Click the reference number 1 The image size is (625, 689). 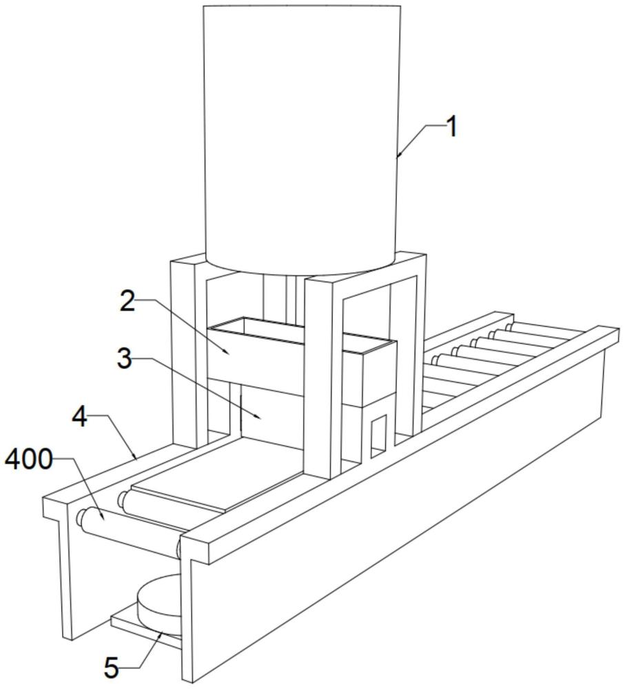451,127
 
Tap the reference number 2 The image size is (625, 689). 127,301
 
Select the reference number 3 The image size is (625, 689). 124,359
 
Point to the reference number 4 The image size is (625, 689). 81,417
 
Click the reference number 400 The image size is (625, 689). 28,460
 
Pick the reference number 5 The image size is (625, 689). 112,668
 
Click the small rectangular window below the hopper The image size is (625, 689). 378,435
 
